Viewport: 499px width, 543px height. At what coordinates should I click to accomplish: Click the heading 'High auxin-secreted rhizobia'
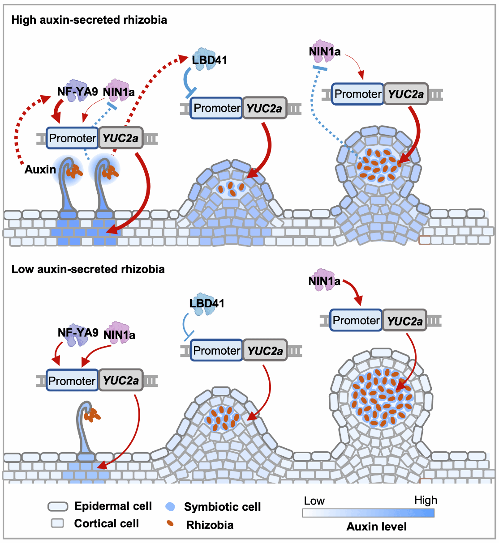(x=89, y=20)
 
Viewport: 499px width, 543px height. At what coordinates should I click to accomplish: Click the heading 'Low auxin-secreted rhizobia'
(x=88, y=269)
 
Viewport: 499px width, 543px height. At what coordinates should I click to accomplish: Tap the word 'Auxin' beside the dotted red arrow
(x=40, y=170)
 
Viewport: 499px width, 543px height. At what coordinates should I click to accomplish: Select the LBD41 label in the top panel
(x=210, y=60)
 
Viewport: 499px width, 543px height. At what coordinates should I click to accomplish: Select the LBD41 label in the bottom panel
(x=207, y=303)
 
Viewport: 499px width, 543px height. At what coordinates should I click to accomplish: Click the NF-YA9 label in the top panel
(x=77, y=92)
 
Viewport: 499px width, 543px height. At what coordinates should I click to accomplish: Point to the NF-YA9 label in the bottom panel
(x=78, y=333)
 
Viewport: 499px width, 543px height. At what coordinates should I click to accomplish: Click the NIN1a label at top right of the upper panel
(x=325, y=52)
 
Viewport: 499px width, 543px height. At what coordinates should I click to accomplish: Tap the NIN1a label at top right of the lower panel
(x=324, y=281)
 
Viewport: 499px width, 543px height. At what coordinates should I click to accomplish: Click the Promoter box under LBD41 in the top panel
(x=217, y=108)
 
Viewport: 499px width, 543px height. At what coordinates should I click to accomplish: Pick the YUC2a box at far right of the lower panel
(x=404, y=321)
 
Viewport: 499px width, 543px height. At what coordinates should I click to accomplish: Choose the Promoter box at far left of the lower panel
(x=72, y=381)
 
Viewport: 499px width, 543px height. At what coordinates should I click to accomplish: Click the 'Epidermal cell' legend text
(x=113, y=506)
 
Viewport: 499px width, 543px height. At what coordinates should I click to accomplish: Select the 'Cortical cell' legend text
(x=107, y=523)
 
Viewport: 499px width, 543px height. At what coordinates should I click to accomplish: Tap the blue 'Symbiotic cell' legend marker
(x=170, y=507)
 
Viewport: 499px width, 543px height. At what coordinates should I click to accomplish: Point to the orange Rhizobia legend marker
(x=170, y=524)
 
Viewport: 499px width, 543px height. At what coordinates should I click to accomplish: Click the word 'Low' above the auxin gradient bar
(x=314, y=501)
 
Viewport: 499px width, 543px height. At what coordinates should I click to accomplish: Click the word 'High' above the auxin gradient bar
(x=426, y=500)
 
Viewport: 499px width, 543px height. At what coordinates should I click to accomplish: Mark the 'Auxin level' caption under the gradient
(x=376, y=526)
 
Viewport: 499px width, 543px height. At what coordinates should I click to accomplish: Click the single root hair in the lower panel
(x=85, y=429)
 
